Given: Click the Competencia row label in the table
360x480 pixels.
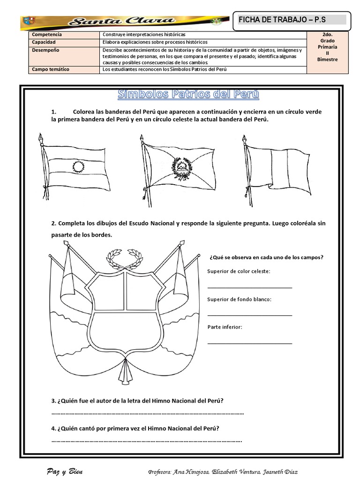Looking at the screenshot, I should click(x=47, y=35).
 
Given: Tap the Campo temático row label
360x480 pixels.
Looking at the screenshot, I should click(x=51, y=69).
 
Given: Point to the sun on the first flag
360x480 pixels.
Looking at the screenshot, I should click(x=77, y=166).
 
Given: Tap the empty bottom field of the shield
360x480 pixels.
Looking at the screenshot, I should click(x=124, y=335).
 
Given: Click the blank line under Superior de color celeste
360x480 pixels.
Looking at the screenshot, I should click(x=249, y=286).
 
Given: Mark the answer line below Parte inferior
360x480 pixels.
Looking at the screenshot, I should click(x=249, y=343).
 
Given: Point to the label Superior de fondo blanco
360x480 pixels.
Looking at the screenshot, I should click(x=239, y=299).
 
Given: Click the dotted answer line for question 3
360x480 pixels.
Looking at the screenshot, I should click(x=148, y=413).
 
